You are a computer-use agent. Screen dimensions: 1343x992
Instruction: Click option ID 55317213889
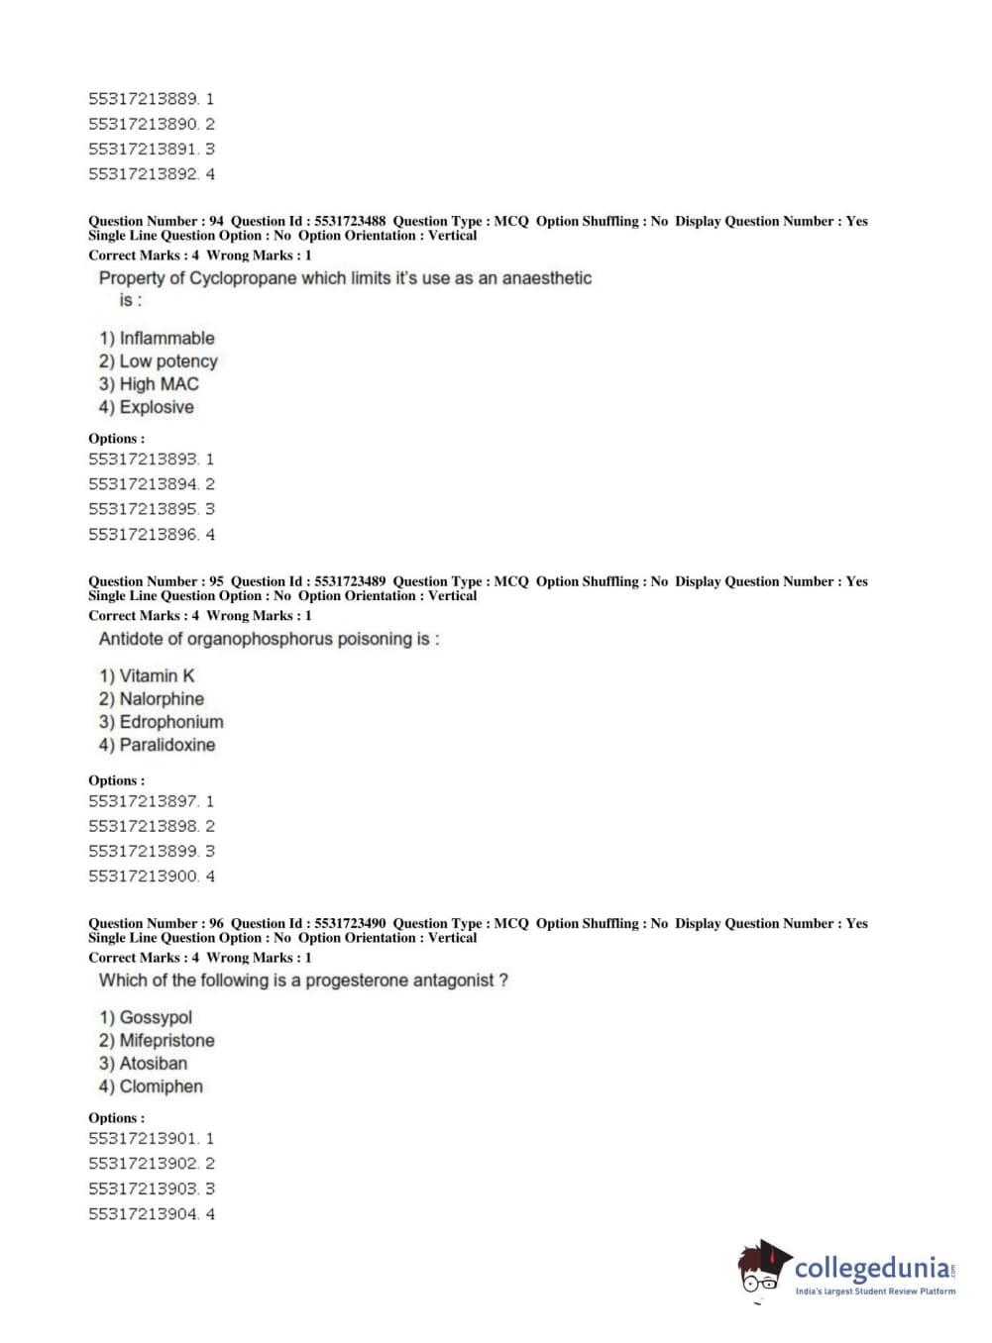coord(144,99)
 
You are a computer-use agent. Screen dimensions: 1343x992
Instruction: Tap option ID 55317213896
coord(144,535)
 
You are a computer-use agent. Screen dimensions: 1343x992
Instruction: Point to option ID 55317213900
coord(144,877)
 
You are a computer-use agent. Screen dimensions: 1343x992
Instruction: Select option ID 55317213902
coord(144,1164)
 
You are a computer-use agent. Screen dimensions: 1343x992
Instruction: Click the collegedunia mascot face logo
coord(763,1268)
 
